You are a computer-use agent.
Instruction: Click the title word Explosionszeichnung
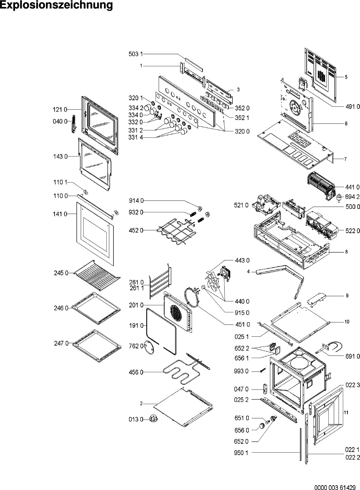(56, 6)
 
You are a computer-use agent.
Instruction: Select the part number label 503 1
(135, 54)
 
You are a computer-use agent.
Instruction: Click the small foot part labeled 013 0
(152, 419)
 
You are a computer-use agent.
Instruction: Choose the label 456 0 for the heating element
(136, 372)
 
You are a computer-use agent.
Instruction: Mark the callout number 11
(346, 413)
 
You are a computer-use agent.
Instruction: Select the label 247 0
(61, 344)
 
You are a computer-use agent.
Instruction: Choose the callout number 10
(347, 322)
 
